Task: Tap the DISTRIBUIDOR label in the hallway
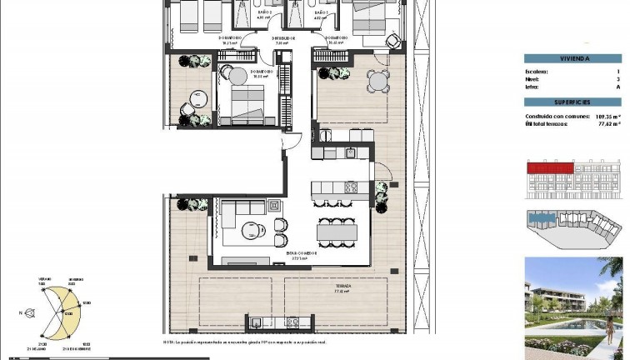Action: click(286, 38)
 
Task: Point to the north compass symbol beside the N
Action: click(30, 314)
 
